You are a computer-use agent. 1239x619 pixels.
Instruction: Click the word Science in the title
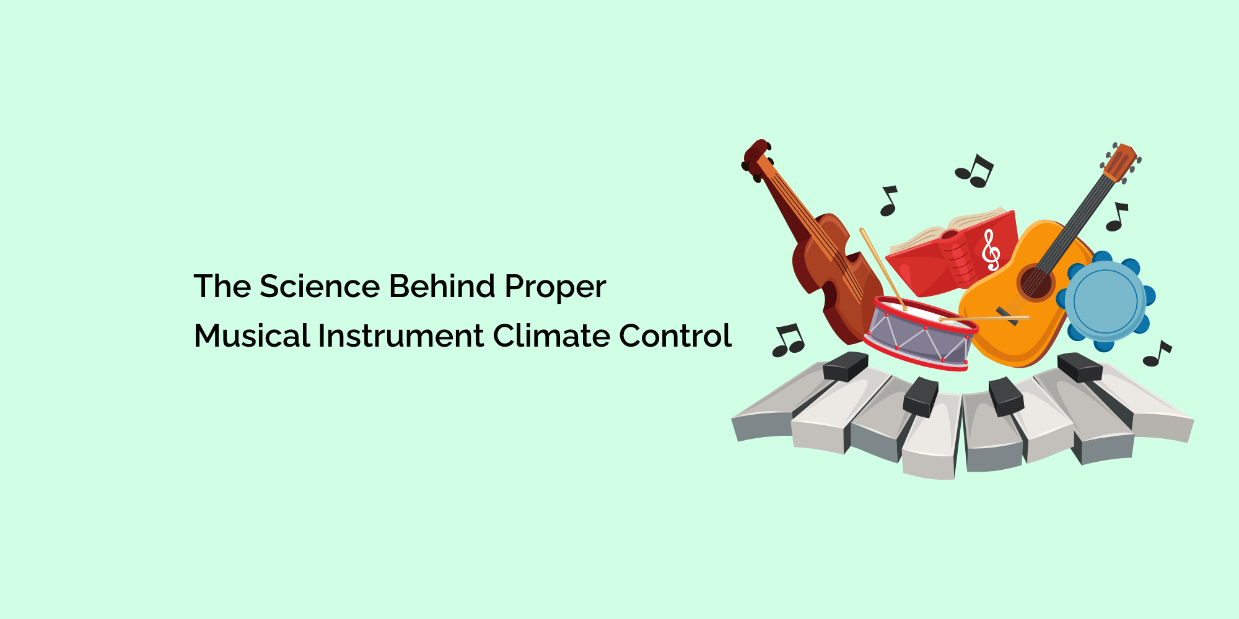click(x=319, y=287)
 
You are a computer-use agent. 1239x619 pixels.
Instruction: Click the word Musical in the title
click(x=252, y=336)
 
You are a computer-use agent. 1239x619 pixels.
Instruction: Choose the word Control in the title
click(x=675, y=336)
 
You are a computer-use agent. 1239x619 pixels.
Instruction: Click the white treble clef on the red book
click(x=991, y=250)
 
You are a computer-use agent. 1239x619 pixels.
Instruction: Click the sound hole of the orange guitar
click(x=1035, y=283)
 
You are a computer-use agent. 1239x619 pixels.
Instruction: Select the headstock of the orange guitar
click(x=1120, y=162)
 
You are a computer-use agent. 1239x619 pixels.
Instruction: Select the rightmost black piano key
click(x=1079, y=367)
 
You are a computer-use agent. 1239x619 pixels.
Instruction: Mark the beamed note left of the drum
click(x=788, y=341)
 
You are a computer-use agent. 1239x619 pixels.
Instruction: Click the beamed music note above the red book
click(x=974, y=171)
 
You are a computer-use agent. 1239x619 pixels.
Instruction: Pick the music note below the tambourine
click(x=1157, y=353)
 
